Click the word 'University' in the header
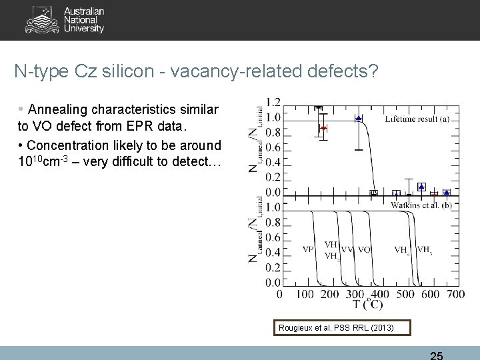pyautogui.click(x=84, y=29)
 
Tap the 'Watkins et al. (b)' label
pyautogui.click(x=421, y=205)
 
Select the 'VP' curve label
pyautogui.click(x=308, y=249)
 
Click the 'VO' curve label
pyautogui.click(x=364, y=249)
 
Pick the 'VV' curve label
pyautogui.click(x=347, y=249)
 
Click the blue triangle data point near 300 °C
pyautogui.click(x=359, y=118)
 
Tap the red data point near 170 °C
pyautogui.click(x=323, y=127)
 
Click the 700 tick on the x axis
pyautogui.click(x=456, y=293)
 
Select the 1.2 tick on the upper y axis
pyautogui.click(x=273, y=102)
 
